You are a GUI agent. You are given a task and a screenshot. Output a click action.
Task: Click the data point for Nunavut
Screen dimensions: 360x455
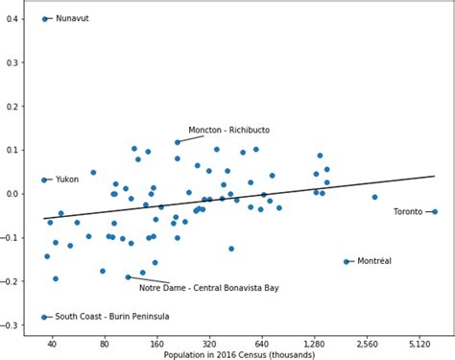45,19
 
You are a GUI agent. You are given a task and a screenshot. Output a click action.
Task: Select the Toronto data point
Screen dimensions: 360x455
435,211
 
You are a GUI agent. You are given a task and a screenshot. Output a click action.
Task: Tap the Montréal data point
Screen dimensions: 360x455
347,261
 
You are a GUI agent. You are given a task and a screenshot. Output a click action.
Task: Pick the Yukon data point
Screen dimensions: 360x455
44,180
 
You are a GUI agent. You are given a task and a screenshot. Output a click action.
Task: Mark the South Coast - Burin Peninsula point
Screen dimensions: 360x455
44,317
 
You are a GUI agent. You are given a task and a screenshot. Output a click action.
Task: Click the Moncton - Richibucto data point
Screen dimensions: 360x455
178,142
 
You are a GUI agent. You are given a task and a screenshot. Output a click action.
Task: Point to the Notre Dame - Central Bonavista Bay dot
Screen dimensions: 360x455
128,276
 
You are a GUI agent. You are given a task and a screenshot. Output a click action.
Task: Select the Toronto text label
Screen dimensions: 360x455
408,211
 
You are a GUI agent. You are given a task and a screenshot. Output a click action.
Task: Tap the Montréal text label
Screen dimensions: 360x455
373,261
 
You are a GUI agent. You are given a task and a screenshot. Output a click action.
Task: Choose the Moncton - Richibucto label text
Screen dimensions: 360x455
228,130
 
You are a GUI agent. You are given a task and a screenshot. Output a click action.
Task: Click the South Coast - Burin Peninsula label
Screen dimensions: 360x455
112,317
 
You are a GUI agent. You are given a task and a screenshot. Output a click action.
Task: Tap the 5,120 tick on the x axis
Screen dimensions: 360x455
419,343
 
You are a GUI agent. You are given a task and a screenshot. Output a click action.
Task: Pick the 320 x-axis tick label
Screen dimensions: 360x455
209,343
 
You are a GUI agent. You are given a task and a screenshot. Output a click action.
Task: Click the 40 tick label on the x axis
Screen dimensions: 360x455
53,343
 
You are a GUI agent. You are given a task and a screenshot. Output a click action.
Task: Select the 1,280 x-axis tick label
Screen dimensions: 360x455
314,343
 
